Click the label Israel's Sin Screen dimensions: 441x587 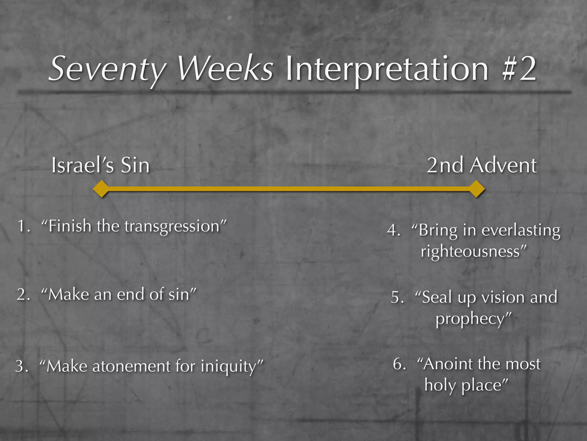pyautogui.click(x=100, y=166)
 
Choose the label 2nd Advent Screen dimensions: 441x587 pyautogui.click(x=482, y=166)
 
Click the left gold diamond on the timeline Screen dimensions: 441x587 pyautogui.click(x=101, y=189)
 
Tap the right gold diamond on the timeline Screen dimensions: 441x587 pyautogui.click(x=477, y=189)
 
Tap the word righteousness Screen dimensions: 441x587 pyautogui.click(x=470, y=252)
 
